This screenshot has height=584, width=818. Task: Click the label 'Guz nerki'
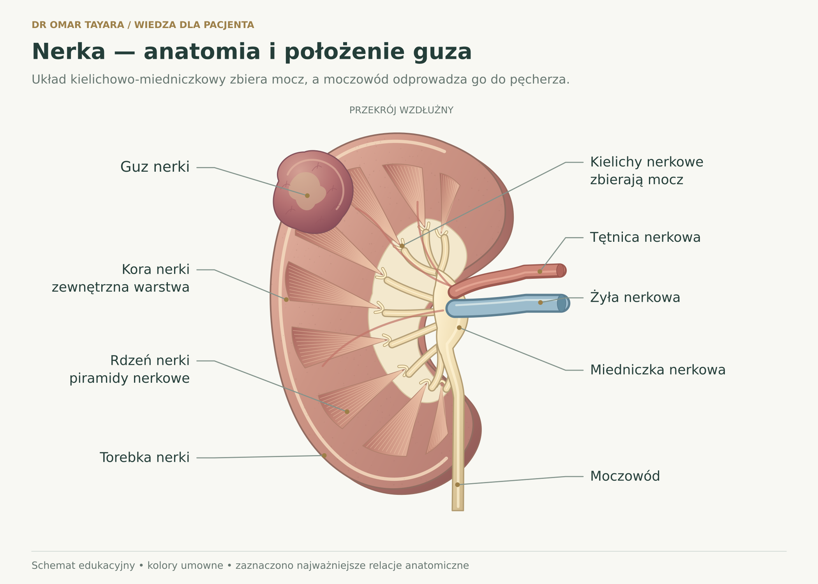[x=155, y=167]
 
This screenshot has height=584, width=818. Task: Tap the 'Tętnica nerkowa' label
[x=645, y=237]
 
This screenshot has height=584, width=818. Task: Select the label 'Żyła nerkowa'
[x=635, y=297]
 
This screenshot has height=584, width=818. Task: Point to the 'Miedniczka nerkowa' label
[x=658, y=370]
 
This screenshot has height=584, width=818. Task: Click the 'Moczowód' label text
[x=625, y=476]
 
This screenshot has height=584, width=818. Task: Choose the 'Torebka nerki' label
[x=145, y=457]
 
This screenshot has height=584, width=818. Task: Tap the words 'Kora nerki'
[x=155, y=269]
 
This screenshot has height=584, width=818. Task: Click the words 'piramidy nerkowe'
[x=129, y=378]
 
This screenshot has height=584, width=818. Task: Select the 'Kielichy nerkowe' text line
[x=647, y=162]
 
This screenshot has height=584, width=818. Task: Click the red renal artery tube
[x=506, y=277]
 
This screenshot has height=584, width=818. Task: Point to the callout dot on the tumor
[x=307, y=195]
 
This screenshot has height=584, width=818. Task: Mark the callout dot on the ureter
[x=457, y=485]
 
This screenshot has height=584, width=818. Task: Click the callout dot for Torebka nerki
[x=324, y=456]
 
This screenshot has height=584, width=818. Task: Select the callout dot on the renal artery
[x=540, y=271]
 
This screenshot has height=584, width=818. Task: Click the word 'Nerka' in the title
[x=69, y=52]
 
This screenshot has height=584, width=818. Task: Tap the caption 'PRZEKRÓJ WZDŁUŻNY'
[x=401, y=110]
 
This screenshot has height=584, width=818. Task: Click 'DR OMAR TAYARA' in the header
[x=78, y=25]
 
